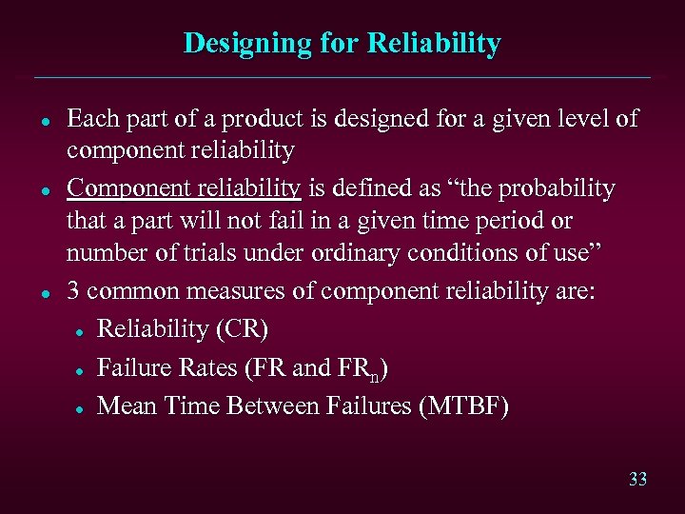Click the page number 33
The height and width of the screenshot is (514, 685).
point(637,479)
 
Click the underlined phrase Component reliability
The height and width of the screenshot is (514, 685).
point(184,188)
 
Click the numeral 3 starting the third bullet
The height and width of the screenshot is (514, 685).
point(73,291)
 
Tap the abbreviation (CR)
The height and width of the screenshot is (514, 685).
point(244,329)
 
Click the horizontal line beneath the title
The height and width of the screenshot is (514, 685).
point(342,77)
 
